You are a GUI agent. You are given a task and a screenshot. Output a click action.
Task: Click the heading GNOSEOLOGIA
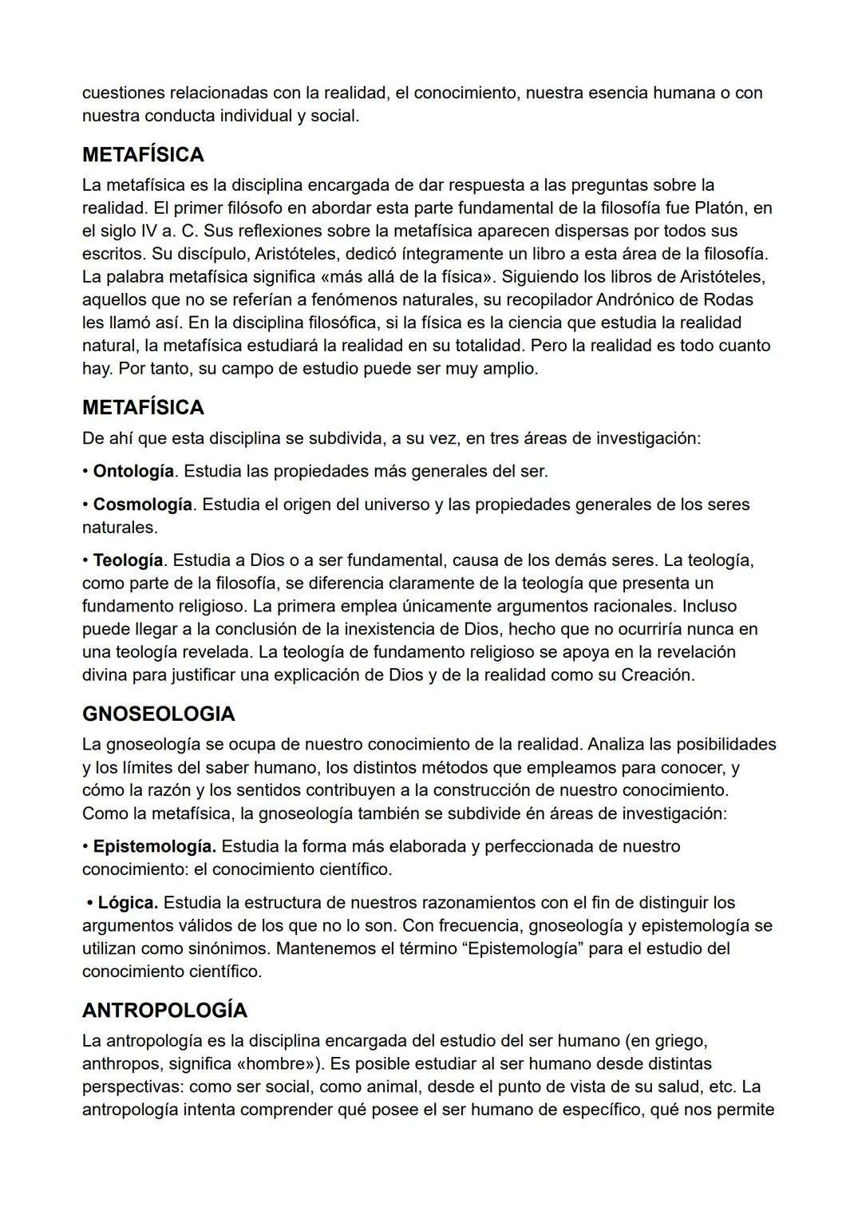click(x=158, y=714)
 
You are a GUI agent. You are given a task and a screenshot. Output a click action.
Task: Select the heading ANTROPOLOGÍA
click(x=164, y=1010)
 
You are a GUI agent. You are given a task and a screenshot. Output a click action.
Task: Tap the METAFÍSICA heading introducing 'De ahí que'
click(x=143, y=407)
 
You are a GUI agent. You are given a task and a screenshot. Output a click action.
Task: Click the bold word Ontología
click(x=133, y=471)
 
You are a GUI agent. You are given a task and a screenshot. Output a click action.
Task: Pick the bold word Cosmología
click(x=142, y=505)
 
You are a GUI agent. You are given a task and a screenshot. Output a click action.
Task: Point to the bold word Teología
click(x=128, y=560)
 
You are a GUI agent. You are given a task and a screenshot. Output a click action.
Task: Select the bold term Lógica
click(x=128, y=903)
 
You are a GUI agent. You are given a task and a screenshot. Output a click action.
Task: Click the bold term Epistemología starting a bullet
click(x=154, y=846)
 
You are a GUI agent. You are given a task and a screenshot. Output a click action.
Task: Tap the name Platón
click(x=722, y=208)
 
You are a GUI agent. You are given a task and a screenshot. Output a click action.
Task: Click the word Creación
click(x=658, y=675)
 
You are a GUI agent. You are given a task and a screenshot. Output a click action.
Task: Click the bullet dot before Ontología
click(x=85, y=472)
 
